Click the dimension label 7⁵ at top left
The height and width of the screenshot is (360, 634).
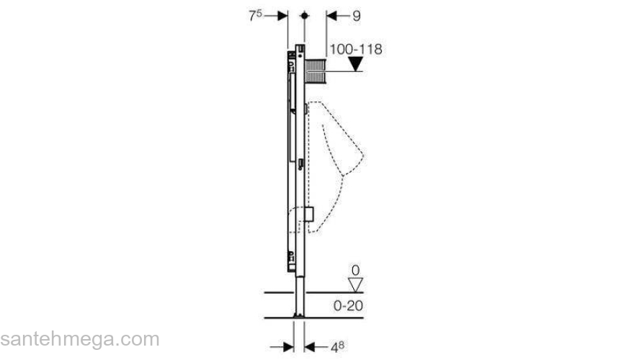255,16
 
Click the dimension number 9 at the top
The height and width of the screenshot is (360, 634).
356,16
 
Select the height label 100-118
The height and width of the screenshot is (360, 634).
356,49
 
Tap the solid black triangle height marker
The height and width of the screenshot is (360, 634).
356,64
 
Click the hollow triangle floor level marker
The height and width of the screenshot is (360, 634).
355,285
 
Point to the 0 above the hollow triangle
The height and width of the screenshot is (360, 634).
355,270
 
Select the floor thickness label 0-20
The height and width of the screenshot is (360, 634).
348,305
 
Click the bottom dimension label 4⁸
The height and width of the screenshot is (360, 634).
338,348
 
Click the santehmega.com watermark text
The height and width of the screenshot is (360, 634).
80,339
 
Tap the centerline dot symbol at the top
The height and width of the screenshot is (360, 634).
305,16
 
